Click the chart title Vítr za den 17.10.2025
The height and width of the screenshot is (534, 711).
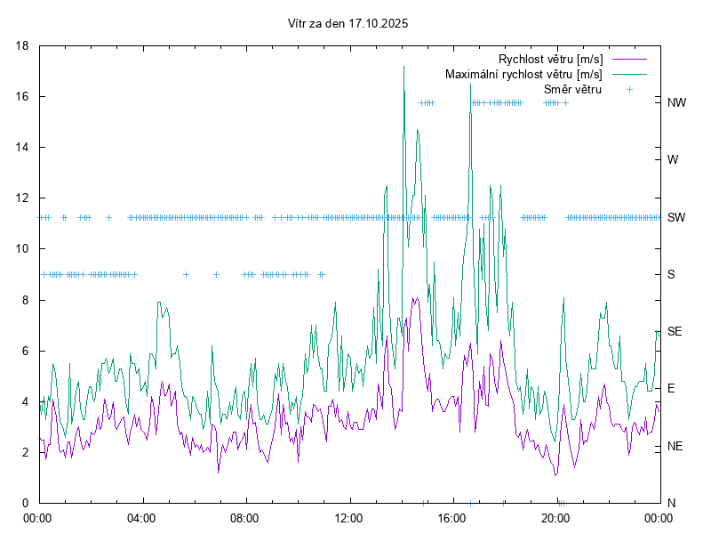tap(348, 24)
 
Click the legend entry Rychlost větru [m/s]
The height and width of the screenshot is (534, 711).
tap(550, 59)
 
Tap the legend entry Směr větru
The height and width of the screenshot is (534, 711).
tap(572, 89)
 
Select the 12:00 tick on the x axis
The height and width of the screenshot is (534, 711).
tap(348, 517)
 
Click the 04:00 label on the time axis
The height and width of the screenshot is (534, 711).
tap(140, 517)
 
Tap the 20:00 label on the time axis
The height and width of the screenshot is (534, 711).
tap(555, 517)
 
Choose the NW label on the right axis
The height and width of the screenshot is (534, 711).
tap(676, 102)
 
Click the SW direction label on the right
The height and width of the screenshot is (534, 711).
tap(676, 217)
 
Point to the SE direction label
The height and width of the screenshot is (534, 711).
tap(675, 331)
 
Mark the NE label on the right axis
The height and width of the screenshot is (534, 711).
tap(675, 446)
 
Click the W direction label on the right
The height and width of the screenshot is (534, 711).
tap(673, 160)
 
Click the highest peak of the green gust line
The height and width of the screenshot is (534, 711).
tap(403, 66)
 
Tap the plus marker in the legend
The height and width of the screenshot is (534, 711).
tap(629, 89)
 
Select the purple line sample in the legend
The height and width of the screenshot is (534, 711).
tap(628, 59)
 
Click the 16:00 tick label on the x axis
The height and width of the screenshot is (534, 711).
tap(452, 517)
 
